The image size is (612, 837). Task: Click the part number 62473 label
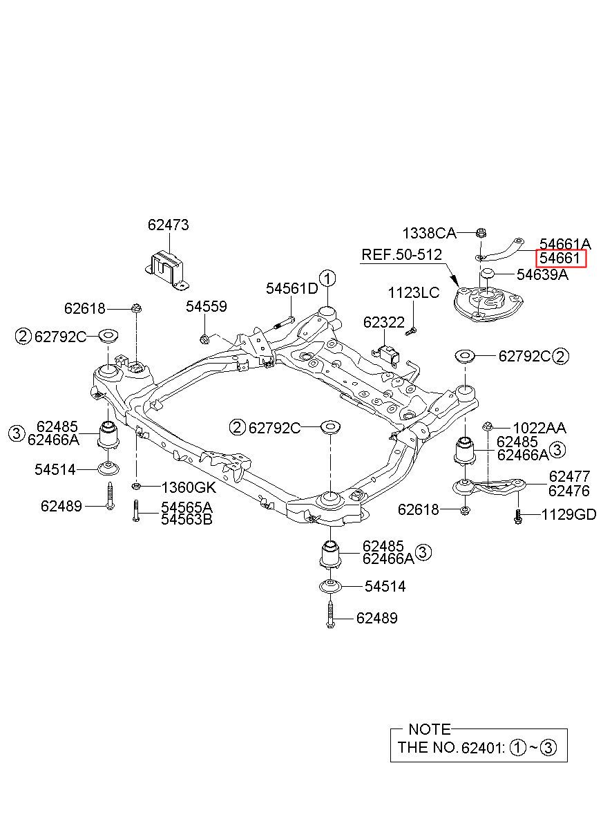click(168, 225)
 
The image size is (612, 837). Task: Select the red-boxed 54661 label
click(560, 258)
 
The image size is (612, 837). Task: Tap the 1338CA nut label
click(429, 234)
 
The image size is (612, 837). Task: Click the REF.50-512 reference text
click(401, 255)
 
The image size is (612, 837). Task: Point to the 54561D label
click(291, 288)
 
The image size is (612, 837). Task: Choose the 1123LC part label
click(413, 292)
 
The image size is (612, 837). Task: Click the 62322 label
click(384, 322)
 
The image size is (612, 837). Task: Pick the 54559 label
click(206, 306)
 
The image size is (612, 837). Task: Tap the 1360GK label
click(189, 487)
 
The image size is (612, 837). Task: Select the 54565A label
click(187, 507)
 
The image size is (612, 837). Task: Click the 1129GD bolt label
click(568, 514)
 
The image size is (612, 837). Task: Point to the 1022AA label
click(539, 428)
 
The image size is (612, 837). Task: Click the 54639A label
click(542, 274)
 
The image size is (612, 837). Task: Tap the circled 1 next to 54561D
click(327, 279)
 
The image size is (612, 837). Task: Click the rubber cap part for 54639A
click(487, 274)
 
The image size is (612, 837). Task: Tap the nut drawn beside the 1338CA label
click(481, 233)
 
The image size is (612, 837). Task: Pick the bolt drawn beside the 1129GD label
click(517, 516)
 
